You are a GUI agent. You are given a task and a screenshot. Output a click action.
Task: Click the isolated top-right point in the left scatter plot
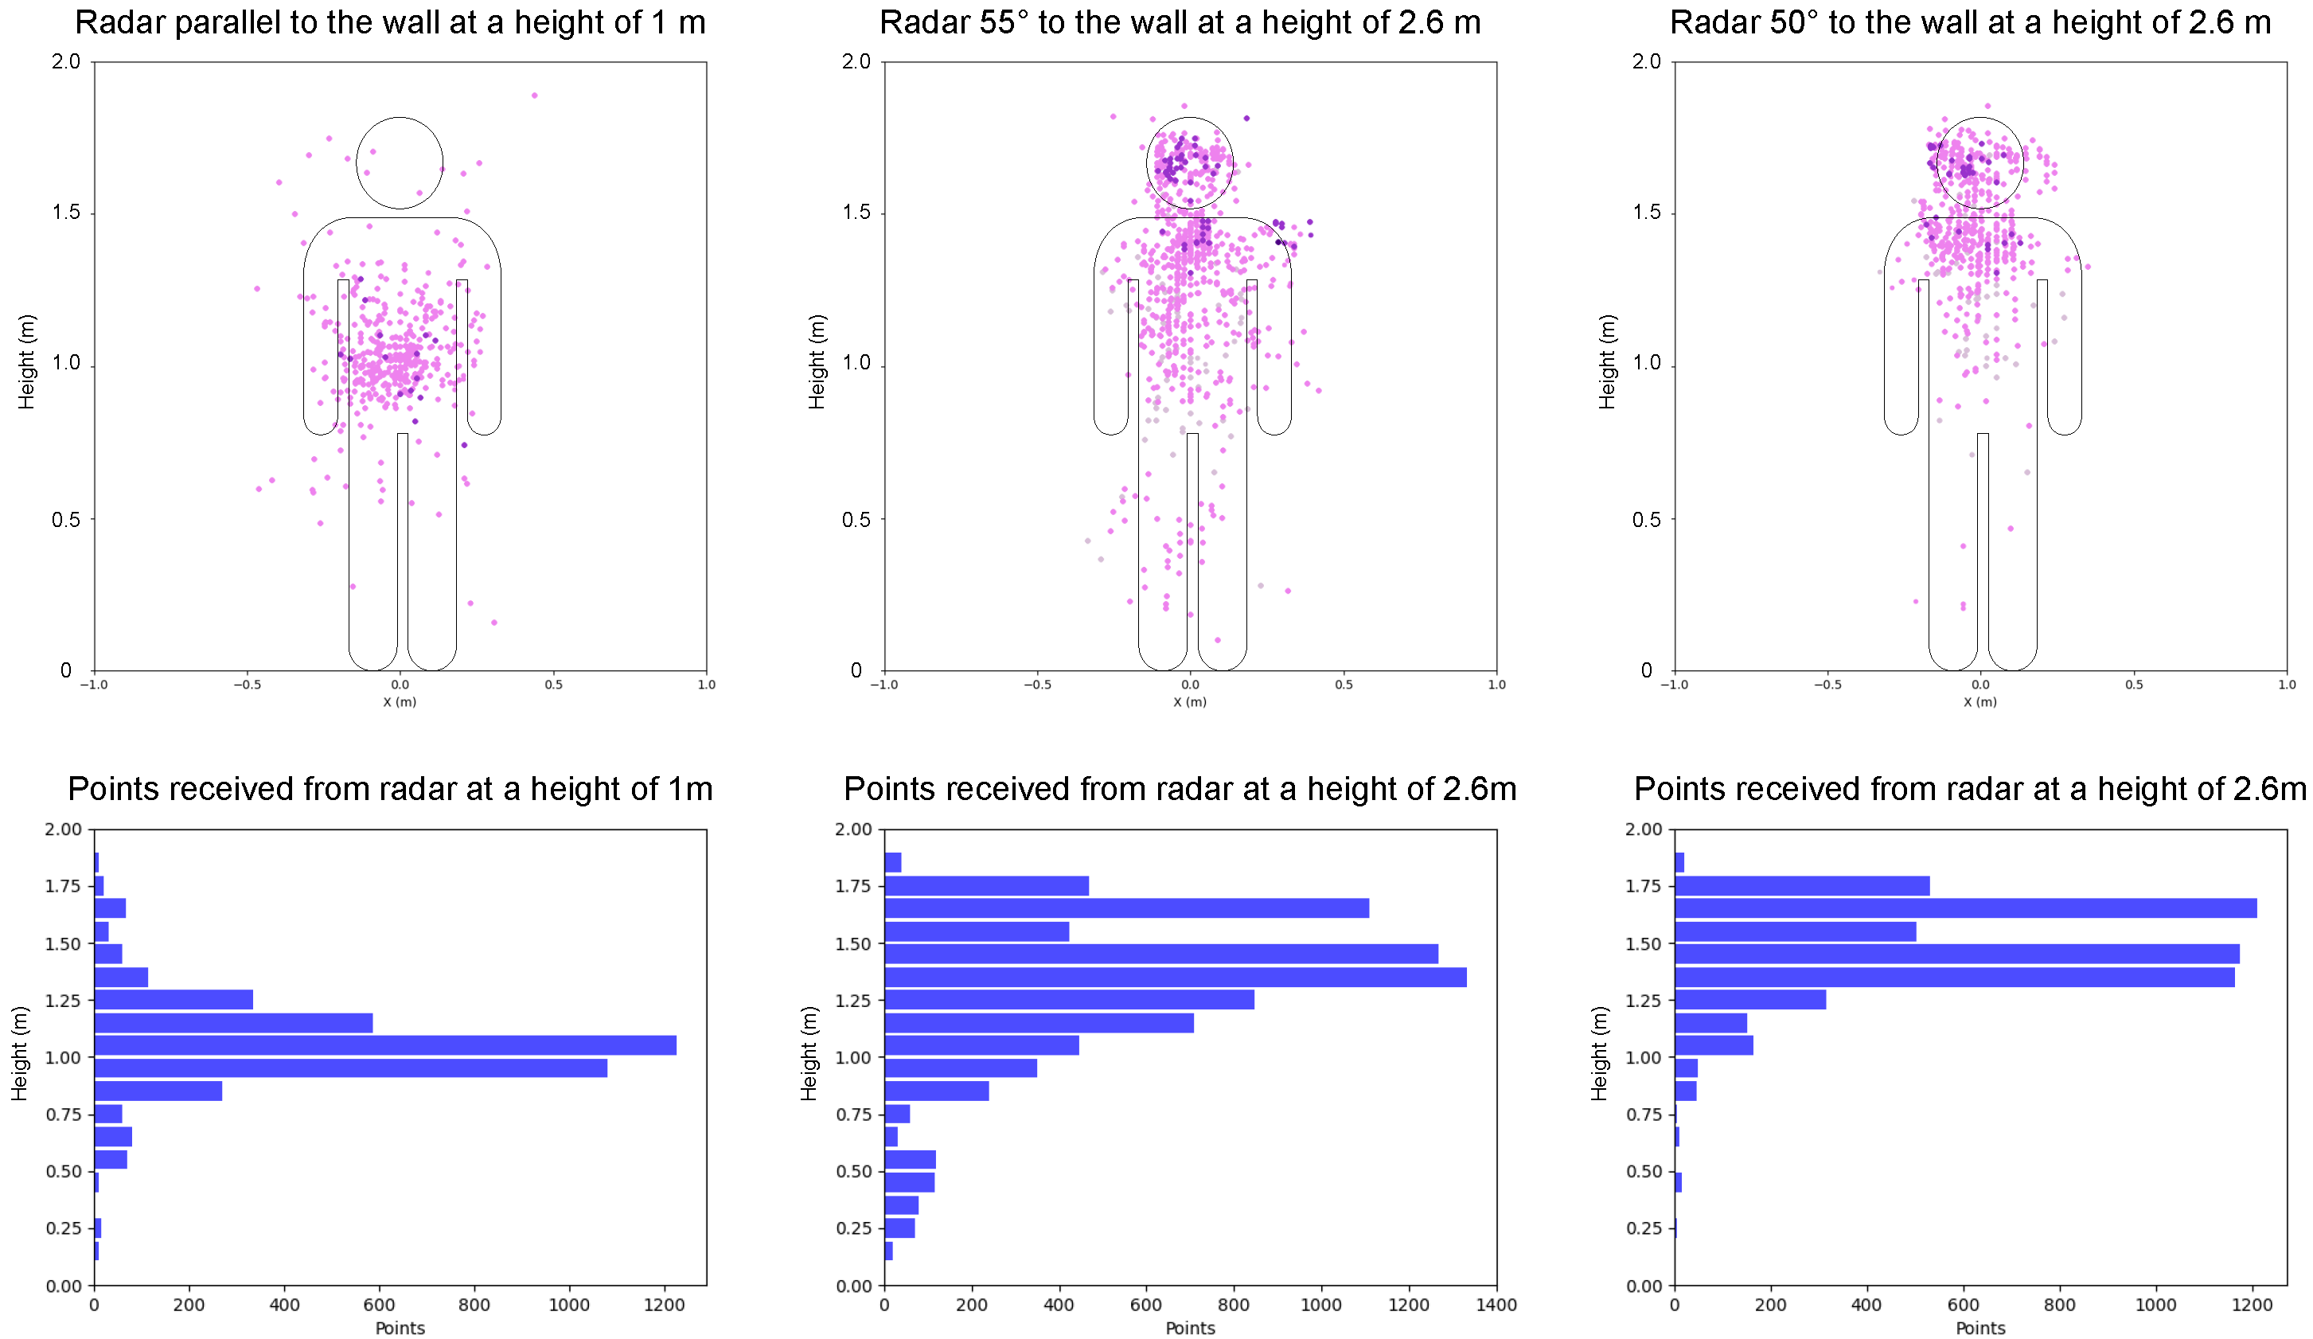click(x=534, y=96)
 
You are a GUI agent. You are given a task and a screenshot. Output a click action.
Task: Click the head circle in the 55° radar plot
click(x=1190, y=162)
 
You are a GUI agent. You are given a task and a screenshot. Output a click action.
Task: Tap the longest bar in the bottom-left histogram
click(x=385, y=1045)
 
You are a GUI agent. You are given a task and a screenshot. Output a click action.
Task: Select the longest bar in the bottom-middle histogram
click(x=1175, y=977)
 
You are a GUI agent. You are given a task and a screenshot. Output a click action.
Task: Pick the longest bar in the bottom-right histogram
click(x=1965, y=908)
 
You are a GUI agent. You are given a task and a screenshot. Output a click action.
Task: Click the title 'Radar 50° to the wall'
click(x=1970, y=22)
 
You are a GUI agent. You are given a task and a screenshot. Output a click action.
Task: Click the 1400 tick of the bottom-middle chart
click(x=1496, y=1304)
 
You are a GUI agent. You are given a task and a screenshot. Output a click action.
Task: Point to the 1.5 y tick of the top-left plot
click(x=66, y=212)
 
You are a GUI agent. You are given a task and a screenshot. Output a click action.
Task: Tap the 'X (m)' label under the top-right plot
click(x=1980, y=702)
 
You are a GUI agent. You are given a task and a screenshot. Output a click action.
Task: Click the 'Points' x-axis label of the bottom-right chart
click(x=1980, y=1328)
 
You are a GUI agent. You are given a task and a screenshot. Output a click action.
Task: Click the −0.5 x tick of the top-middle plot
click(x=1037, y=685)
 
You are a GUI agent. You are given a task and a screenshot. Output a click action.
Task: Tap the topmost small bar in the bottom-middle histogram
click(x=892, y=862)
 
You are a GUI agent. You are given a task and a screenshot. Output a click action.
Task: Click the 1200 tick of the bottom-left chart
click(x=664, y=1304)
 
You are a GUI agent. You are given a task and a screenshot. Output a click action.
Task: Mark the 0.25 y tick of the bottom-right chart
click(x=1643, y=1228)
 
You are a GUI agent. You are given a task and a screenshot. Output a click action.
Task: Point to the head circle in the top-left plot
click(x=400, y=162)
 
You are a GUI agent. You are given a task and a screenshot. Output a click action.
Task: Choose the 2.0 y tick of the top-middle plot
click(x=856, y=61)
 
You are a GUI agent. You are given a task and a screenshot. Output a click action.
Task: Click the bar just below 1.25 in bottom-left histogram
click(x=233, y=1022)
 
